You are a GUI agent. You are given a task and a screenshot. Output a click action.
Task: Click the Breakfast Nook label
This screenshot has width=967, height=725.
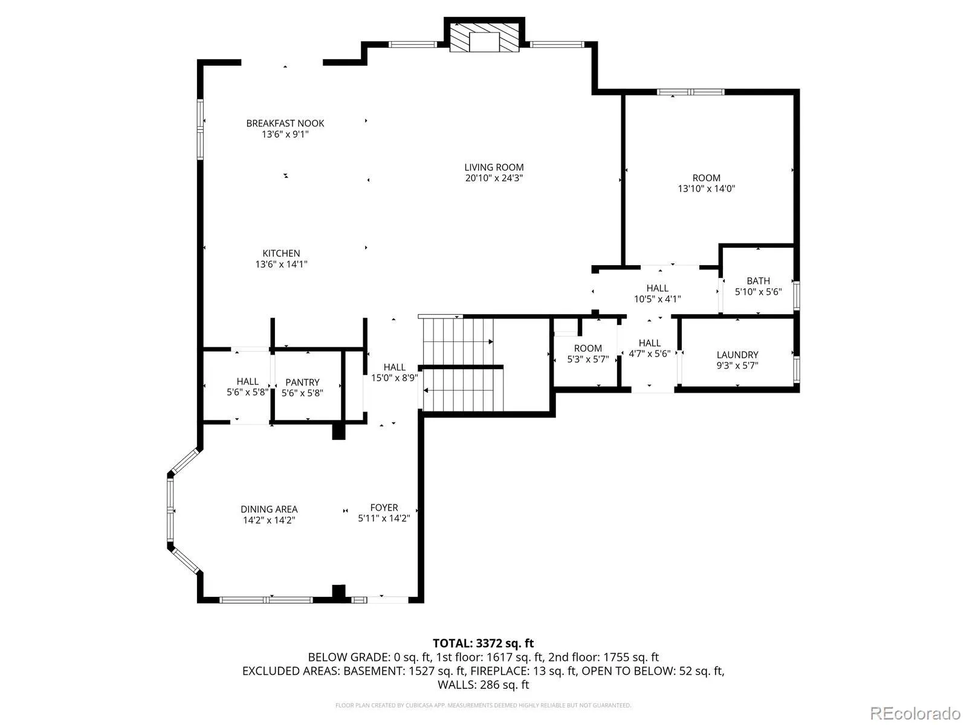click(285, 123)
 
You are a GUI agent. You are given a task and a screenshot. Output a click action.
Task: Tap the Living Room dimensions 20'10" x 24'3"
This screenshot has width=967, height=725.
click(494, 178)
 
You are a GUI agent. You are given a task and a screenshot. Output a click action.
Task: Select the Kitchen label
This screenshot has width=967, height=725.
click(281, 253)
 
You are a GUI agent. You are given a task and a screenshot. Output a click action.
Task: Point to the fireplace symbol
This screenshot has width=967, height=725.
click(484, 41)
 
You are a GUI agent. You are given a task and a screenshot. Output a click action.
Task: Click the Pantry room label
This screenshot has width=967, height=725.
click(302, 382)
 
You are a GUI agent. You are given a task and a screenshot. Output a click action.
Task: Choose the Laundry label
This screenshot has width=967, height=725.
click(737, 355)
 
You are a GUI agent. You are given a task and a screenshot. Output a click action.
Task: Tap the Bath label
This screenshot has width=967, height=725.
click(758, 280)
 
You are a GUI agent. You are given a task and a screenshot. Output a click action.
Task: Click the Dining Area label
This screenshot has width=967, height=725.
click(269, 509)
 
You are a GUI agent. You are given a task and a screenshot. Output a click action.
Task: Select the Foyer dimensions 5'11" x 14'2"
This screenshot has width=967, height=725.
click(384, 518)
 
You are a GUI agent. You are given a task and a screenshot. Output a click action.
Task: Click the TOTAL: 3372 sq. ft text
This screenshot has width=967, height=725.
click(483, 643)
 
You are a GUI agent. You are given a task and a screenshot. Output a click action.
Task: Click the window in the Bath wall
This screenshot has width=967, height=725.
click(797, 295)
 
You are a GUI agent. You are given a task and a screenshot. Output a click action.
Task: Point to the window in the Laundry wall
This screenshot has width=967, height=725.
click(797, 369)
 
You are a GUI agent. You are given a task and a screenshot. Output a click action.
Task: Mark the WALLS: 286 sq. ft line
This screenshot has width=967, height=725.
click(483, 685)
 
